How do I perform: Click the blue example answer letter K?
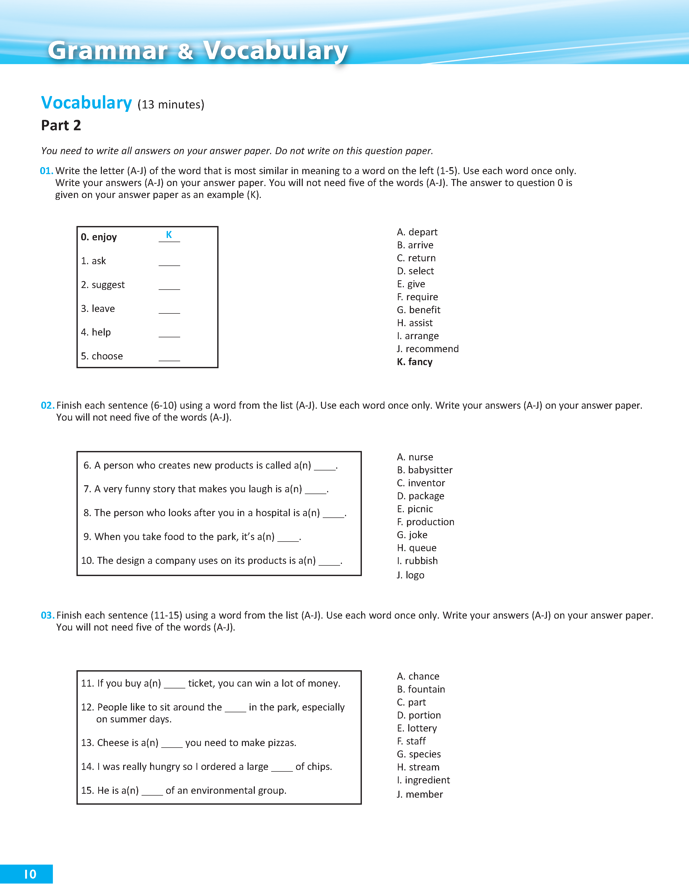169,235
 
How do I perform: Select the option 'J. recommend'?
427,349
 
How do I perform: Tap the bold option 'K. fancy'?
414,362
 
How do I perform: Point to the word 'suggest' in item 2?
108,285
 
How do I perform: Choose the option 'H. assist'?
414,323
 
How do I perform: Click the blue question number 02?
47,405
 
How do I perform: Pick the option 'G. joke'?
412,535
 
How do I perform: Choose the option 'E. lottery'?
417,728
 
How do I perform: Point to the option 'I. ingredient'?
423,780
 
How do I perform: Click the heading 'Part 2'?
61,125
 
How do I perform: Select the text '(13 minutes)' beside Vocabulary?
171,105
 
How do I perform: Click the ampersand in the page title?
185,52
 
